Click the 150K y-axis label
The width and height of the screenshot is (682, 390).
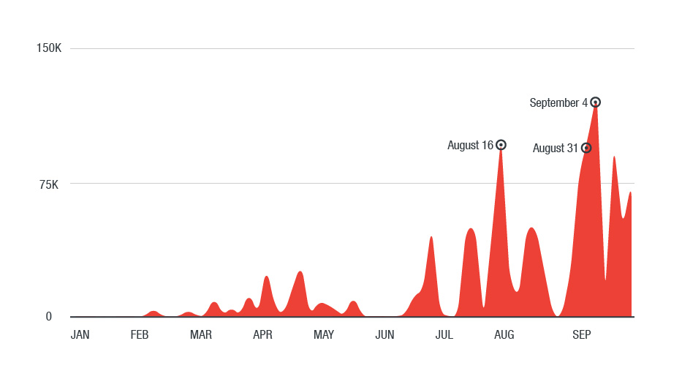coord(49,48)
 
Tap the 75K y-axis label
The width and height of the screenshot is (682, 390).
coord(48,184)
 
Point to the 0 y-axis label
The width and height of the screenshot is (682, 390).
coord(49,317)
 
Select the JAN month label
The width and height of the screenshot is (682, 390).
coord(80,335)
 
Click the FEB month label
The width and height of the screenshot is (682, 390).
coord(140,335)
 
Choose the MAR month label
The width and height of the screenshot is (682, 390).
coord(201,335)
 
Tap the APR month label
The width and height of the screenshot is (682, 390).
coord(262,335)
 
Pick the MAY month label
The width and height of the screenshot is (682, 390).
coord(324,335)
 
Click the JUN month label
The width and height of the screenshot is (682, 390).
coord(384,335)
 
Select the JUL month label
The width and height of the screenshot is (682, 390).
coord(444,335)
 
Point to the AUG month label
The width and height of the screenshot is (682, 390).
coord(504,335)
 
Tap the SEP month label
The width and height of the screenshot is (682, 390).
coord(581,335)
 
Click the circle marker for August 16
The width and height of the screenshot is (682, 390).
coord(501,145)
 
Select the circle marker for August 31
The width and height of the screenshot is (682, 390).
coord(586,148)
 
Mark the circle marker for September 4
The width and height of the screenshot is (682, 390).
coord(596,102)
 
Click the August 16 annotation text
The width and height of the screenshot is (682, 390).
coord(470,146)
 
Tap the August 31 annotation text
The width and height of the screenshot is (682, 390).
coord(555,149)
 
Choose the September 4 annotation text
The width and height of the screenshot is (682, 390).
coord(558,103)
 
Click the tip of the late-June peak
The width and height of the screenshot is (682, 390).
coord(431,237)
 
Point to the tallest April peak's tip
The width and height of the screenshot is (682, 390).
coord(300,271)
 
